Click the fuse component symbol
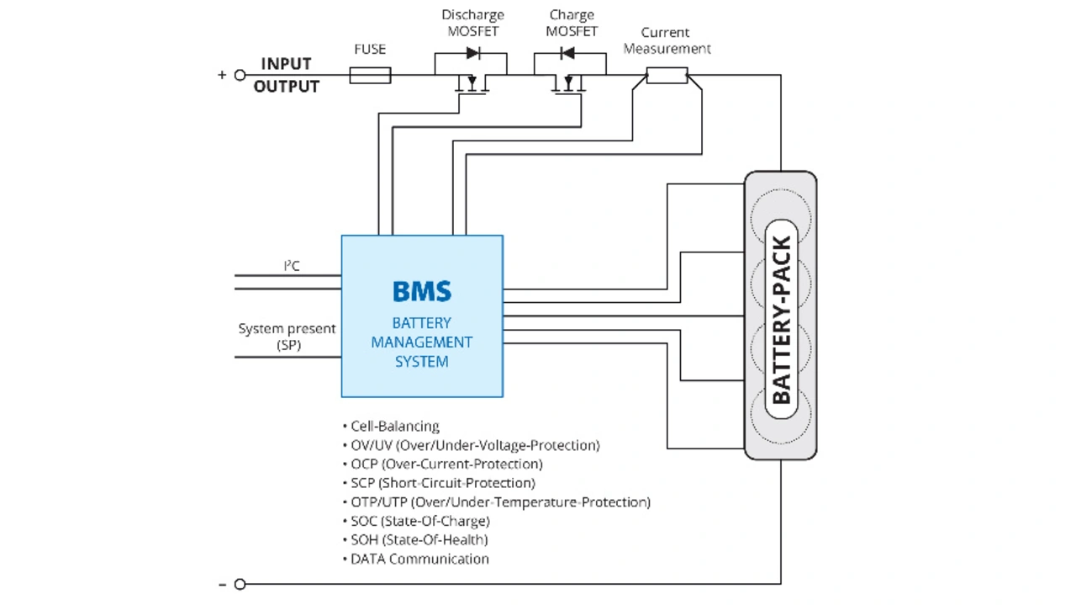[x=370, y=76]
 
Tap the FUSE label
[x=370, y=50]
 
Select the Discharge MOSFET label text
[x=472, y=23]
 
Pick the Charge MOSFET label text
[x=572, y=23]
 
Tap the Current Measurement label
[x=667, y=40]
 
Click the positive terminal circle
[x=240, y=75]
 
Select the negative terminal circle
[x=240, y=584]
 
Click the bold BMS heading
[x=422, y=291]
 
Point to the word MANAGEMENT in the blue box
[x=422, y=342]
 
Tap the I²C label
[x=292, y=266]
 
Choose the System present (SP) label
[x=287, y=337]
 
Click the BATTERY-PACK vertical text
[x=781, y=320]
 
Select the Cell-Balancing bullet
[x=391, y=427]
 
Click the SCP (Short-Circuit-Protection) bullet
[x=439, y=483]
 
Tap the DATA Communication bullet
[x=416, y=559]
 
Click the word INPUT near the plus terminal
[x=286, y=64]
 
